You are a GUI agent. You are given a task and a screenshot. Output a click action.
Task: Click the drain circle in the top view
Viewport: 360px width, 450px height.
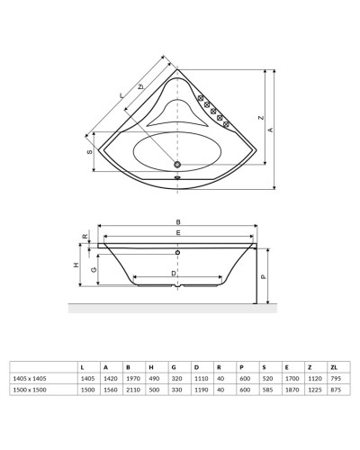point(176,165)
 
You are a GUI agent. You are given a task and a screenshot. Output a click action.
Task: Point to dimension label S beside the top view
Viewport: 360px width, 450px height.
point(90,153)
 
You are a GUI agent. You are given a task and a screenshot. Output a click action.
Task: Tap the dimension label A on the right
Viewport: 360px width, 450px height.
point(270,129)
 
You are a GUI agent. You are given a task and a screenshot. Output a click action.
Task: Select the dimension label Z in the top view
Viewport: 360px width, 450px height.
point(258,117)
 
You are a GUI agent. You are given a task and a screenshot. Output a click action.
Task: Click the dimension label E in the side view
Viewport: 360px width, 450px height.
point(178,233)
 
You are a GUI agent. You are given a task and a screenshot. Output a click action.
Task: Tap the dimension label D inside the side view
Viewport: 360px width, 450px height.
point(175,272)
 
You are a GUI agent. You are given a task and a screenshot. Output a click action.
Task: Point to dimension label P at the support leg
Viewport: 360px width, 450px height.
point(263,278)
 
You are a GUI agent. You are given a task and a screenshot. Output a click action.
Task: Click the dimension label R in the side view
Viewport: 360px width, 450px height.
point(85,238)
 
